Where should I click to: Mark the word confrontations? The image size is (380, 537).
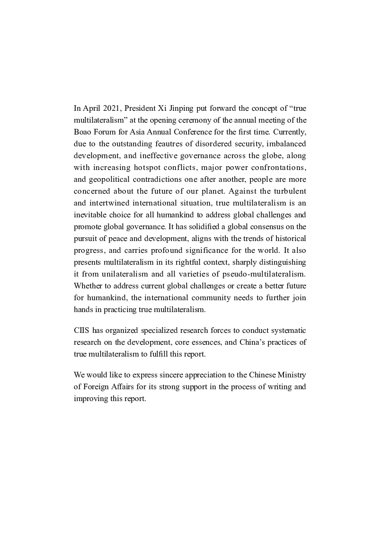[x=277, y=168]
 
